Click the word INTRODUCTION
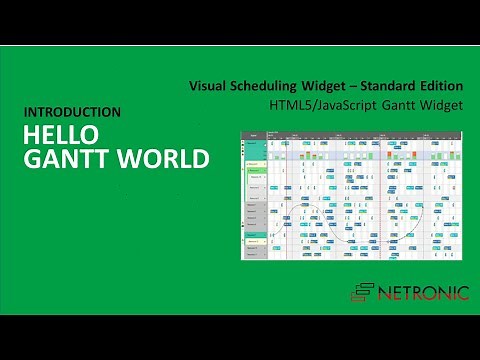(x=72, y=112)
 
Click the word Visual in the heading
(x=207, y=86)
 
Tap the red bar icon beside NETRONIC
(x=363, y=291)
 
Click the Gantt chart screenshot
(x=353, y=196)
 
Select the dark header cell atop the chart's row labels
(x=255, y=135)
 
